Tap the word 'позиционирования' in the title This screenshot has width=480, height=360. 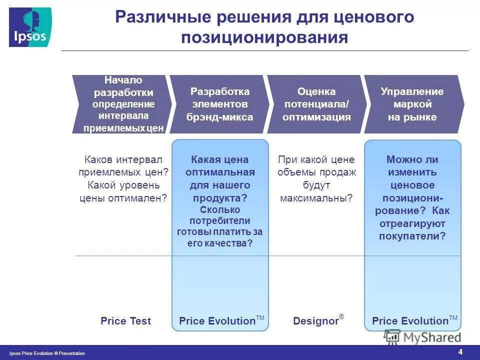point(264,38)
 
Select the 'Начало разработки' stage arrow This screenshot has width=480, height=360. point(123,104)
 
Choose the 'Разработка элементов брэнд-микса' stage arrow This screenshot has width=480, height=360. point(219,104)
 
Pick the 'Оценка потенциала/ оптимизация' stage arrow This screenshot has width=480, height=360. point(316,104)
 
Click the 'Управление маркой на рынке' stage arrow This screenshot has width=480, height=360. point(412,104)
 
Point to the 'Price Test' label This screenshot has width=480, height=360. point(125,321)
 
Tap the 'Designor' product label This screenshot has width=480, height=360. point(315,321)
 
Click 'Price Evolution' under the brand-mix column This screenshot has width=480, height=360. point(217,321)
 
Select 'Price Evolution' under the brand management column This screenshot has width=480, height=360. point(410,321)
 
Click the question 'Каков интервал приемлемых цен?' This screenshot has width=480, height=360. point(123,166)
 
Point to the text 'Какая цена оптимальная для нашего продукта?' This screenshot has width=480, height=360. point(220,178)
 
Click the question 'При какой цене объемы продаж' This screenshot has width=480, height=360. point(316,166)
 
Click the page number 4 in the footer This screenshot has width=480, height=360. point(460,351)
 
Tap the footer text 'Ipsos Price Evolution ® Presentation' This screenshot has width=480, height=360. point(47,353)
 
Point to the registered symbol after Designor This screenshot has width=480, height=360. point(341,316)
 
